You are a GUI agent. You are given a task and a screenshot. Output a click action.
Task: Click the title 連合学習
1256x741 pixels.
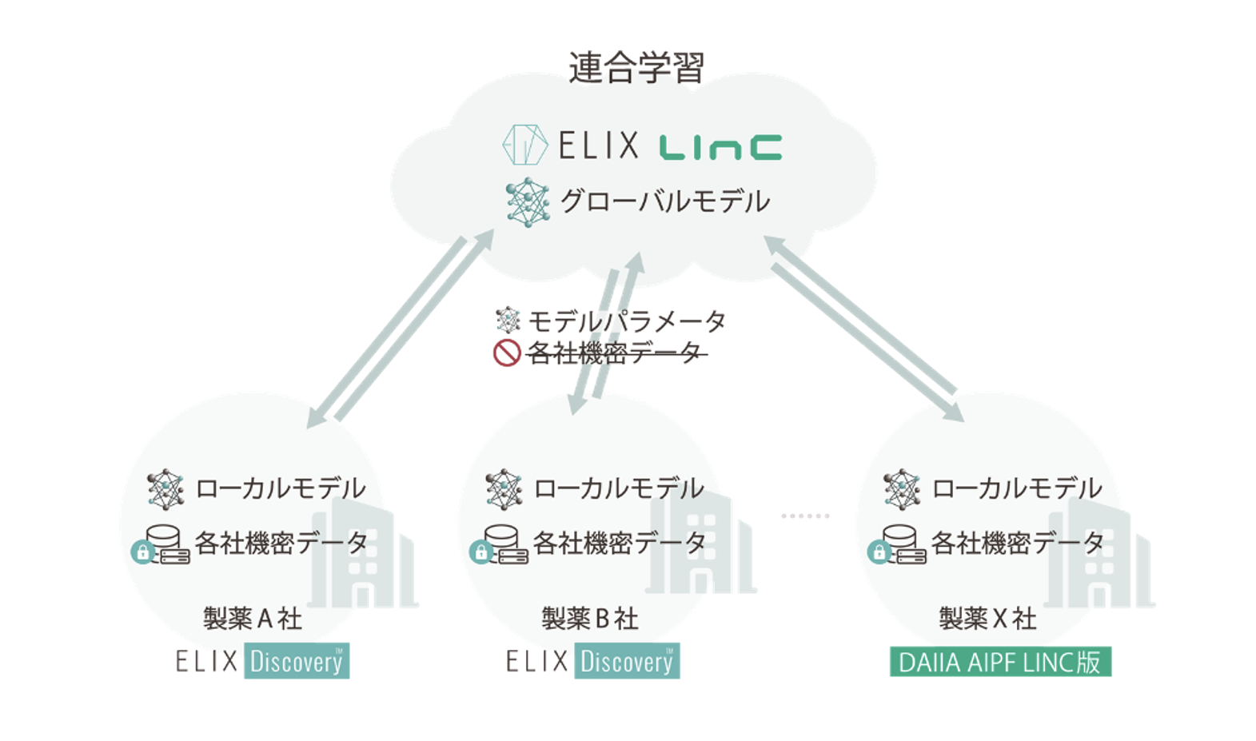(636, 68)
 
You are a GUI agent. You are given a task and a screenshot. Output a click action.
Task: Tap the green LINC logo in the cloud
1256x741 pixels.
(720, 147)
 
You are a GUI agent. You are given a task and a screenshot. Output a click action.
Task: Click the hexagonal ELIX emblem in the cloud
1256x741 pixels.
(524, 145)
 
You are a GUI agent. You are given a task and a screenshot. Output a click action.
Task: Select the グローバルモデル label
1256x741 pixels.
(665, 201)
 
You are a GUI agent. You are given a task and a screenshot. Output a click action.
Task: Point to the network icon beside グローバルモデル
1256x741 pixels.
(528, 202)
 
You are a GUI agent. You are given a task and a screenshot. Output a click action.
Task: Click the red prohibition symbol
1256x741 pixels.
(507, 353)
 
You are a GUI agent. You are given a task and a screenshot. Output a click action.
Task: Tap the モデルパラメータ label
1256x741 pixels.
(628, 321)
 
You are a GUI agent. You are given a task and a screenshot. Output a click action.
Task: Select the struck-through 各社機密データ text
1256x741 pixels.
(616, 353)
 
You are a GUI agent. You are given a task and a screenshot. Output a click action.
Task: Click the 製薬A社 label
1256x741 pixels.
(253, 619)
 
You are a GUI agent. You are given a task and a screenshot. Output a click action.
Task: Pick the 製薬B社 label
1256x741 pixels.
(590, 619)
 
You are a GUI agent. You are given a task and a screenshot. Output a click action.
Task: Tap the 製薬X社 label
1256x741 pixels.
(988, 619)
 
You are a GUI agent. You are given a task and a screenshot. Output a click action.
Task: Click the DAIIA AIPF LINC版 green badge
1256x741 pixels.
(1000, 662)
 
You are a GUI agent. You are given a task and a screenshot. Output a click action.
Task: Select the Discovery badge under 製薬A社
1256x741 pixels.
(297, 661)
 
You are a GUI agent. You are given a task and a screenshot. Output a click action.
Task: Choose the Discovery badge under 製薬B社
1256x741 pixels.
(627, 661)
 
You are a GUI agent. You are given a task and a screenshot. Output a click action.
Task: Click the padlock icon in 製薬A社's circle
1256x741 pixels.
(143, 552)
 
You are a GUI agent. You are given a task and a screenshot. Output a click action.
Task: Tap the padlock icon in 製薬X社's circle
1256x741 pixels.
(879, 552)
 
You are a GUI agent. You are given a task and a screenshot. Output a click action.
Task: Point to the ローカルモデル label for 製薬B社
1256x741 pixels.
(619, 488)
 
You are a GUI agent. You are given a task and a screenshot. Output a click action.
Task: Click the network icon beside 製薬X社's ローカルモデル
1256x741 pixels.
(902, 489)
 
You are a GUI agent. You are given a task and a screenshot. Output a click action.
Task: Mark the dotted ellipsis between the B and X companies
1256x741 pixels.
(805, 516)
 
